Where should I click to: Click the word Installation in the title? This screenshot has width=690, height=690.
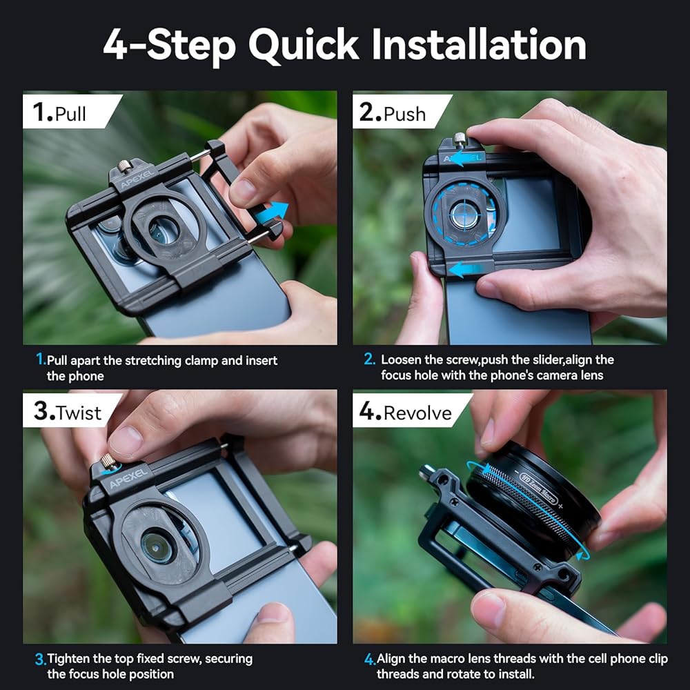pos(479,44)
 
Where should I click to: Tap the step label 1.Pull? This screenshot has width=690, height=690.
pos(59,112)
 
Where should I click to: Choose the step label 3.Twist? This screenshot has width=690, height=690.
pos(68,411)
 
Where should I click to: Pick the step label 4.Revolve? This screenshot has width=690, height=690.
pos(405,411)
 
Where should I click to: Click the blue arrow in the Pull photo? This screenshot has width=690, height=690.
pos(271,213)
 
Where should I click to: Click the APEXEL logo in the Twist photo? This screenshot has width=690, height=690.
pos(128,478)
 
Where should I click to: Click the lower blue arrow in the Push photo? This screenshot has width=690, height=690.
pos(464,268)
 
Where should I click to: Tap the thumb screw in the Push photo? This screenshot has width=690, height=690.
pos(460,139)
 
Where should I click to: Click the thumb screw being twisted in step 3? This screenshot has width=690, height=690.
pos(108,462)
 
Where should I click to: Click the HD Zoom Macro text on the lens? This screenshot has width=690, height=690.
pos(539,489)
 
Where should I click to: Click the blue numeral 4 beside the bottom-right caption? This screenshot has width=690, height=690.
pos(368,659)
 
